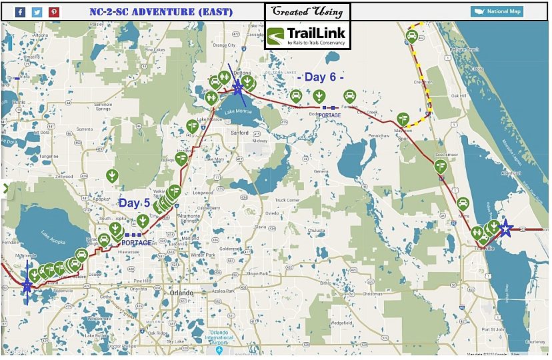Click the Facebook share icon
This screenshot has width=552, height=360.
[x=20, y=11]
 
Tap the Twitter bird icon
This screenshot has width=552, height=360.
[x=37, y=11]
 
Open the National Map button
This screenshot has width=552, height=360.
[x=497, y=11]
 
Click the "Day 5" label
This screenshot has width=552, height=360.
[x=134, y=203]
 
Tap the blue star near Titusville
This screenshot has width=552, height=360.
[x=506, y=229]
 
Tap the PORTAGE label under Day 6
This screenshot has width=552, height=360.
[x=329, y=115]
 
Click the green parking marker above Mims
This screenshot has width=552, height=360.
[x=463, y=203]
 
